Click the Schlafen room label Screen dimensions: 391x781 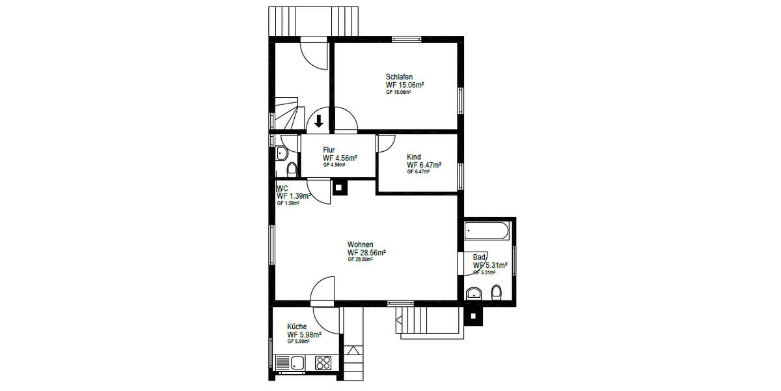coord(399,77)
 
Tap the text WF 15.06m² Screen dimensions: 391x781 coord(405,85)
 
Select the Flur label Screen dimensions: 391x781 coord(329,150)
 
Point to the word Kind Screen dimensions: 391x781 coord(414,157)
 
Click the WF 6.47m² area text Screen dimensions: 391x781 coord(424,165)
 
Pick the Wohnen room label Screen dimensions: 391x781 coord(361,244)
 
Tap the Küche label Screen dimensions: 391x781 coord(297,326)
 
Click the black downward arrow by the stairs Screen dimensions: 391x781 coord(320,121)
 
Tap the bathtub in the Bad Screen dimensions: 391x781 coord(487,231)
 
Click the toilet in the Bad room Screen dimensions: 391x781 coord(497,293)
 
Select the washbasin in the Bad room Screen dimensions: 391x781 coord(475,292)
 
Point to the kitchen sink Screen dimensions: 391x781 coord(291,362)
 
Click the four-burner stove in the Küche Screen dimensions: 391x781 coord(323,362)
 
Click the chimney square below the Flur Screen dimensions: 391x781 coord(340,188)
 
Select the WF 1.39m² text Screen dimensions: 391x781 coord(293,195)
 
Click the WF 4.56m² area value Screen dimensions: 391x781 coord(340,158)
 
